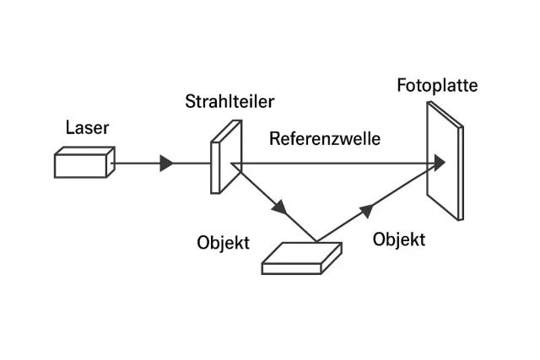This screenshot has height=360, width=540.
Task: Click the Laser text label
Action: (87, 128)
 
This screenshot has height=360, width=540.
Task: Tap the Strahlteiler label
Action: (229, 103)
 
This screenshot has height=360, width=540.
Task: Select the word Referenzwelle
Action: (324, 139)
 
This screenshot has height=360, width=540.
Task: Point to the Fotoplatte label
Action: (437, 86)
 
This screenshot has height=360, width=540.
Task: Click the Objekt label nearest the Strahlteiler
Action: (223, 243)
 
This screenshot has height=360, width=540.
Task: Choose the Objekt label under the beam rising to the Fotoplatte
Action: (398, 239)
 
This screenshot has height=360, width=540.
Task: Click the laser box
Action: (83, 163)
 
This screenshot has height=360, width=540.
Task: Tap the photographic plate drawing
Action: (444, 161)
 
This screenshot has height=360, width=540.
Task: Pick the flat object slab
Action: (302, 258)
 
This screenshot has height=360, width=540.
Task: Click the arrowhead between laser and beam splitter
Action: (167, 164)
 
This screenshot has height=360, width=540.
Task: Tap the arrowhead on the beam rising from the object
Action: (365, 208)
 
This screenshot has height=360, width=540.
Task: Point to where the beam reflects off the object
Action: (316, 241)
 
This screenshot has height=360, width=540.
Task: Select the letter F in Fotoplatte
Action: (402, 86)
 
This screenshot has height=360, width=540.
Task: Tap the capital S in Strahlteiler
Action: (191, 103)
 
